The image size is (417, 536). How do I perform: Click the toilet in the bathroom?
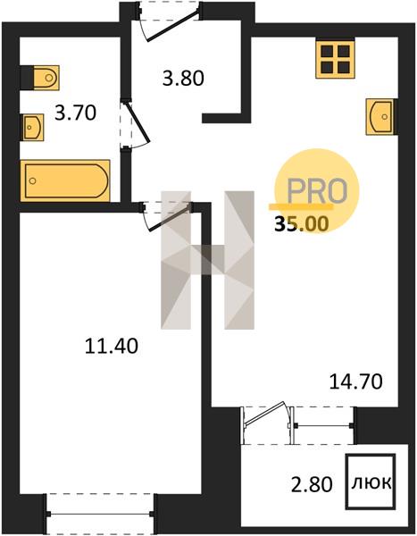46,78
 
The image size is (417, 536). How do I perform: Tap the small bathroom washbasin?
33,127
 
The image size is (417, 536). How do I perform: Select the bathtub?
65,180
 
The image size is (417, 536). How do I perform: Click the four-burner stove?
336,59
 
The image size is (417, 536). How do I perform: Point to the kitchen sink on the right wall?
379,116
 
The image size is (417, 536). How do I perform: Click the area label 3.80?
183,78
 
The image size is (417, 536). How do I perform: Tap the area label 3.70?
75,113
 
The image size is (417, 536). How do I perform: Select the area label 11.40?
111,346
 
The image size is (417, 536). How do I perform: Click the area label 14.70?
355,381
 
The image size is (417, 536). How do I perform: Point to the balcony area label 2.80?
312,484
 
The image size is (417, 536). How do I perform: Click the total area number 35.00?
302,224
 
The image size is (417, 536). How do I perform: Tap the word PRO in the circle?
317,191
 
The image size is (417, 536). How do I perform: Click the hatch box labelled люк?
371,482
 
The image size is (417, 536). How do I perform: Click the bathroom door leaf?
137,122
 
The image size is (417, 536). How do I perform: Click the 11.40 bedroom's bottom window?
101,514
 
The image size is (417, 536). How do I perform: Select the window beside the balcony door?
323,425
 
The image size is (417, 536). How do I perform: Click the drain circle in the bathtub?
32,180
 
